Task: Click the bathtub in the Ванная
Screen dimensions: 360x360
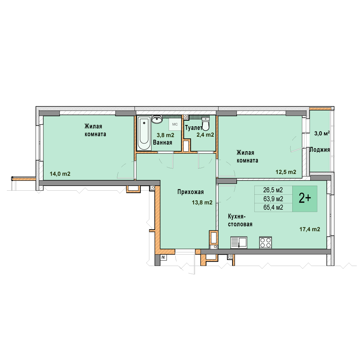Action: point(144,133)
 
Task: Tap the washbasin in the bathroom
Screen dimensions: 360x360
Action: point(157,119)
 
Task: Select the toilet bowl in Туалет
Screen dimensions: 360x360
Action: point(205,124)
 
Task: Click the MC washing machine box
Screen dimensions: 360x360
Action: point(175,124)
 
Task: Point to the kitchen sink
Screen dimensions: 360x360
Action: point(239,242)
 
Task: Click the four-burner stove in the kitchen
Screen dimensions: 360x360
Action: point(266,242)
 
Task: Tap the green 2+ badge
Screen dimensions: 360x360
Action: point(305,199)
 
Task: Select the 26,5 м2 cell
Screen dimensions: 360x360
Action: point(273,190)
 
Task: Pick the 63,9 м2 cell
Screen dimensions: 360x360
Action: point(273,199)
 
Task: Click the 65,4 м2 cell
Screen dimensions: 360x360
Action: point(273,207)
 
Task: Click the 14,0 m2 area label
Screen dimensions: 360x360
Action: point(60,174)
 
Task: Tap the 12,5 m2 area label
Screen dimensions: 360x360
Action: point(286,172)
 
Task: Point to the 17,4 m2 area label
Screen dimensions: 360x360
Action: point(310,229)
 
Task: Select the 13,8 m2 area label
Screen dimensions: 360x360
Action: point(202,202)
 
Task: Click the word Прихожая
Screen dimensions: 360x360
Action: point(191,192)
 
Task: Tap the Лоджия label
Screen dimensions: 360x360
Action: point(320,150)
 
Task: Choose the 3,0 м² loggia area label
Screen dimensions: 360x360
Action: point(322,133)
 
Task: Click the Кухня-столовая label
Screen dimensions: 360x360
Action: point(240,220)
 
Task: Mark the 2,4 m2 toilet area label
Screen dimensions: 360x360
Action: point(205,135)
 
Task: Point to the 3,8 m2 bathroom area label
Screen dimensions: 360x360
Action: point(165,135)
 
